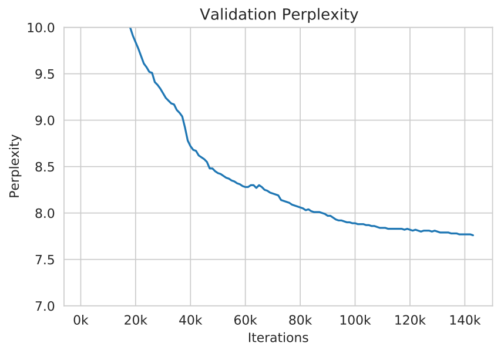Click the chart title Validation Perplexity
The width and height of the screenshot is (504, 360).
click(x=278, y=15)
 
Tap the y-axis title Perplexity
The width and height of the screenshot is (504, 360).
click(x=15, y=166)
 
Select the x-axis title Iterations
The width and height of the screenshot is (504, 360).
click(x=278, y=338)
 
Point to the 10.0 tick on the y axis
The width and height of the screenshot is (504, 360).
click(x=41, y=28)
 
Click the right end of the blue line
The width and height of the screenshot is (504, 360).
click(x=473, y=235)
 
